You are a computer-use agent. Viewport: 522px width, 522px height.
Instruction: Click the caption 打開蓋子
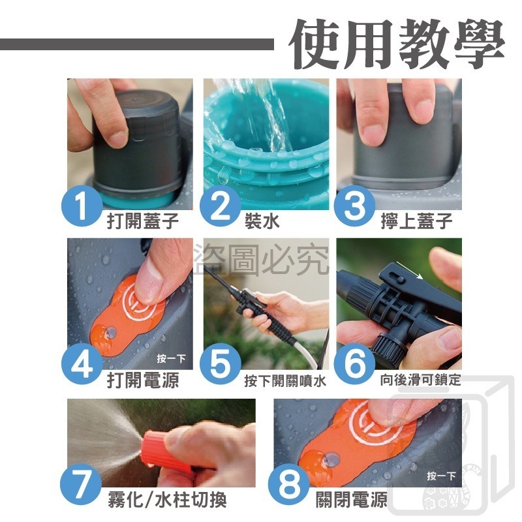click(143, 221)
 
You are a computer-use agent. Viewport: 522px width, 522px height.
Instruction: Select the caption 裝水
click(262, 221)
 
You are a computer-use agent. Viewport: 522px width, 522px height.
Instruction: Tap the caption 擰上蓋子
click(416, 221)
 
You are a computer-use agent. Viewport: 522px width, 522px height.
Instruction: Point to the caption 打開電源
click(143, 380)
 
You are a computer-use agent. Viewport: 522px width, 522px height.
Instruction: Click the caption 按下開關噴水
click(284, 380)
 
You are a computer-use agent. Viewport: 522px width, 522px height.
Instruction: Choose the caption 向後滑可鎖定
click(420, 380)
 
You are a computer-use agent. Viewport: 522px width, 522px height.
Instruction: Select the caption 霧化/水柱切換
click(167, 501)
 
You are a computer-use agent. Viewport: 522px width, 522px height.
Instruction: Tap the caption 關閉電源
click(351, 501)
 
